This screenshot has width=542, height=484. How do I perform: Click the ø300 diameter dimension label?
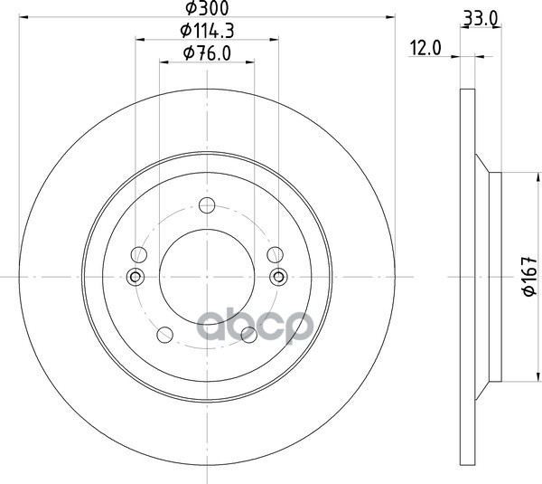(207, 8)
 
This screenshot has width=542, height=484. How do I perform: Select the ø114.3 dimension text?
(207, 31)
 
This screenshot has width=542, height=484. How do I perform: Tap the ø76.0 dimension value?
(207, 53)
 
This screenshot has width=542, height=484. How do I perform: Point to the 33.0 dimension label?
(481, 18)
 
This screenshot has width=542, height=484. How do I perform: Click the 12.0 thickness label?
(425, 48)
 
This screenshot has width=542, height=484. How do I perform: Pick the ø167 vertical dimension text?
(529, 276)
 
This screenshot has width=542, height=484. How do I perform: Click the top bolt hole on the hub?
(207, 205)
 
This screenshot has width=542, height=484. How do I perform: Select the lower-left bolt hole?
(164, 335)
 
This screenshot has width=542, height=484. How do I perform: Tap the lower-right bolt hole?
(249, 335)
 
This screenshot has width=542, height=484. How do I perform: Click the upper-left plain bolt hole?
(139, 255)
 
